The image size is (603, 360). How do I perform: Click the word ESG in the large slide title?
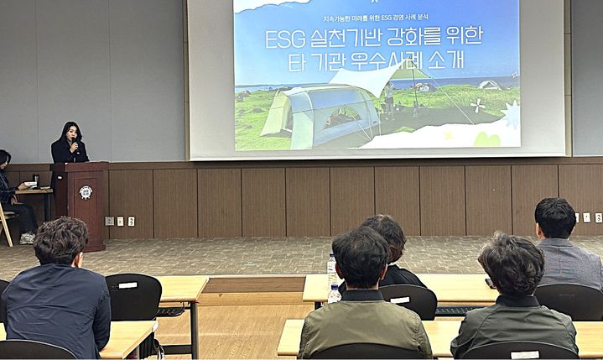point(283,39)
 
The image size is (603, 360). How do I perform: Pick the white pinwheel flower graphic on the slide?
point(479,107)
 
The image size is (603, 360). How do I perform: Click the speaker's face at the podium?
point(70,134)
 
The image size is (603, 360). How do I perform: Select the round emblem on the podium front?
point(86,191)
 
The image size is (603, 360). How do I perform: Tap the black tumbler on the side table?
point(35,180)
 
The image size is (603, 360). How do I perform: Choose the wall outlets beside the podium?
point(120,221)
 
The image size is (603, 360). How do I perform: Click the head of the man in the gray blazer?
point(555,217)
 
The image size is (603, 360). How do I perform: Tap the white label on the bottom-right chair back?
point(525,354)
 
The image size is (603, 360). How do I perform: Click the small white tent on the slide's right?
point(489,85)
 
